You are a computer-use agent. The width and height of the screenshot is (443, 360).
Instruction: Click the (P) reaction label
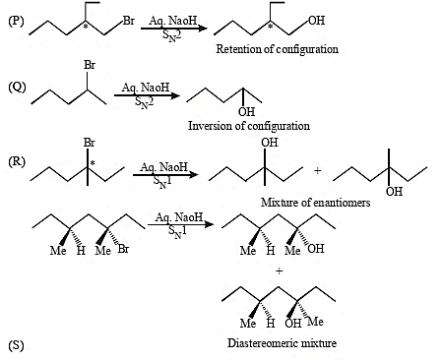point(16,21)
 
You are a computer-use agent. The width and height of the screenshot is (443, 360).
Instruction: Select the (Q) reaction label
point(17,88)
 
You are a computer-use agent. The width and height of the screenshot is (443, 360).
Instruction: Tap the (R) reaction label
point(17,161)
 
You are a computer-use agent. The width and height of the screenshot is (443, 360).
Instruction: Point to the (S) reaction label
point(16,345)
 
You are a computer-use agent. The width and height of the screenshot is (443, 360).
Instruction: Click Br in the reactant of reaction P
point(129,21)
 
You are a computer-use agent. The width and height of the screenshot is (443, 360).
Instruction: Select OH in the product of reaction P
point(317,21)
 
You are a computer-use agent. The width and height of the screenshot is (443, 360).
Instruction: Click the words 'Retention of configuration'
point(277,49)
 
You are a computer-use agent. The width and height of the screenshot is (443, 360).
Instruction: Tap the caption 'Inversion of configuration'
point(249,126)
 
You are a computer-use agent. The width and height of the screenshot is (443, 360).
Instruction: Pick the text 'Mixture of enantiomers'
point(315,203)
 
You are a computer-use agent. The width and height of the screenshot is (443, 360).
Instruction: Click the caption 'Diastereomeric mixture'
point(282,343)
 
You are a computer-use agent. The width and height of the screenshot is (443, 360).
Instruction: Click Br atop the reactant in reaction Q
point(90,65)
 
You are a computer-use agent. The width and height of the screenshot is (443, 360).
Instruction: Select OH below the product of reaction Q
point(246,112)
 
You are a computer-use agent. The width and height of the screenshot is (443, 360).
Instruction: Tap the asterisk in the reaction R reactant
point(93,162)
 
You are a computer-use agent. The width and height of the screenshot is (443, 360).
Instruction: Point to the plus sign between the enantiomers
point(317,171)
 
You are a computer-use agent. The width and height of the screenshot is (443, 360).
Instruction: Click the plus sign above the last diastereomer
point(279,271)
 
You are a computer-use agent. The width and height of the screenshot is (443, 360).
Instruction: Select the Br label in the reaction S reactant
point(123,249)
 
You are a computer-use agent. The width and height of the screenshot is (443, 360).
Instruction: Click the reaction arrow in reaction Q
point(147,95)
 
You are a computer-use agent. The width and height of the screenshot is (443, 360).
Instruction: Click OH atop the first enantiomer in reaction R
point(270,143)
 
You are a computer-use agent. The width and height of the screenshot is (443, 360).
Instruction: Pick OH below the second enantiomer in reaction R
point(394,191)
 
